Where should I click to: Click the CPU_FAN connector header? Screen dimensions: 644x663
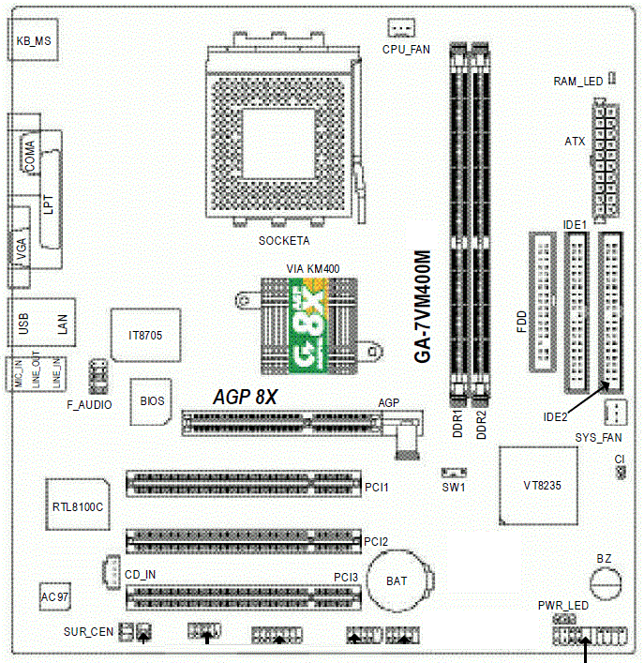[401, 28]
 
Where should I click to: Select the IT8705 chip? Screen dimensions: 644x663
[145, 335]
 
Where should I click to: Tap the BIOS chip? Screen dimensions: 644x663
[151, 401]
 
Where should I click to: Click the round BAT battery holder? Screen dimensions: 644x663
[399, 580]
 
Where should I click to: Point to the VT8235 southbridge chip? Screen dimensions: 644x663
[538, 486]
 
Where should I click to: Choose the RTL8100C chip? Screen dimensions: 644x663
[78, 505]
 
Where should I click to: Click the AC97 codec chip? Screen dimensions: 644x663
[55, 596]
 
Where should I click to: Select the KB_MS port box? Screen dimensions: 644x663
[33, 39]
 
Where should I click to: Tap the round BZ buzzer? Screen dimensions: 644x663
[606, 583]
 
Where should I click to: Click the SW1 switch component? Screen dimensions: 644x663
[454, 472]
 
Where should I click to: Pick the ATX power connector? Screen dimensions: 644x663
[606, 161]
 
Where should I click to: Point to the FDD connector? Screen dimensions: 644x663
[543, 302]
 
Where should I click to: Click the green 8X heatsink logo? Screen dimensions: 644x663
[307, 325]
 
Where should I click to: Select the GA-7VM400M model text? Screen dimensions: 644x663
[423, 307]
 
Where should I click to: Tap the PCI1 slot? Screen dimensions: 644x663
[244, 484]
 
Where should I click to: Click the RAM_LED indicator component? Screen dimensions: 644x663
[612, 78]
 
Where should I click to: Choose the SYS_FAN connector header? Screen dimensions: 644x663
[616, 413]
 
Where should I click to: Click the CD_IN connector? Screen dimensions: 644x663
[112, 571]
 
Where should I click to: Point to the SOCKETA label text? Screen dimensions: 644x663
[284, 241]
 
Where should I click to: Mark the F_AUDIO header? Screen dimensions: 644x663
[98, 376]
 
